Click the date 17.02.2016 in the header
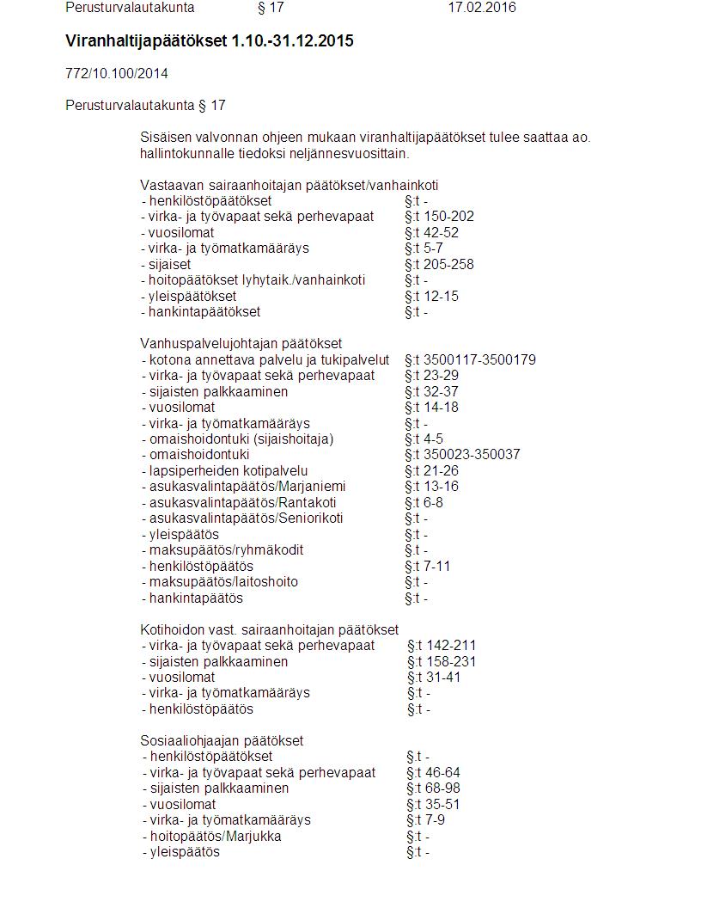pyautogui.click(x=482, y=8)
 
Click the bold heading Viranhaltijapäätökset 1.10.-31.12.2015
pyautogui.click(x=210, y=41)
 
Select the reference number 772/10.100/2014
pyautogui.click(x=117, y=73)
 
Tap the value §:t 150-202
pyautogui.click(x=439, y=217)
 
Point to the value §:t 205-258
pyautogui.click(x=439, y=264)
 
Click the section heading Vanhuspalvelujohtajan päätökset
pyautogui.click(x=241, y=344)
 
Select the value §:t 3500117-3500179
pyautogui.click(x=470, y=359)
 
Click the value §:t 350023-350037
pyautogui.click(x=462, y=455)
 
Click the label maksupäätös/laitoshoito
pyautogui.click(x=223, y=582)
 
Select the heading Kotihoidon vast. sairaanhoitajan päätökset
pyautogui.click(x=270, y=630)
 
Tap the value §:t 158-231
pyautogui.click(x=442, y=662)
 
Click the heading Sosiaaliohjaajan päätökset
pyautogui.click(x=222, y=740)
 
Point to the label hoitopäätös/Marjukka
pyautogui.click(x=215, y=837)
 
